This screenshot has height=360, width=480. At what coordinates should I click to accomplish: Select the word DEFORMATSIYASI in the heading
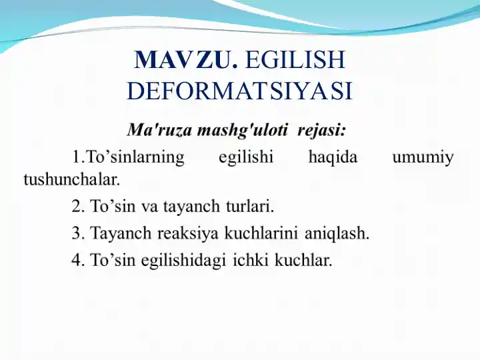239,91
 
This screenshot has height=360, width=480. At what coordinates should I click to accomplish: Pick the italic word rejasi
321,127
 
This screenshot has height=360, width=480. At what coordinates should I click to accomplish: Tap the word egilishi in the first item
245,158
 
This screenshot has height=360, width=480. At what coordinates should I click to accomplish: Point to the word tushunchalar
71,179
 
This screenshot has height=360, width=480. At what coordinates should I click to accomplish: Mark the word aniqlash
337,234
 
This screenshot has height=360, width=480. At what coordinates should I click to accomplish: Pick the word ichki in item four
249,261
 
